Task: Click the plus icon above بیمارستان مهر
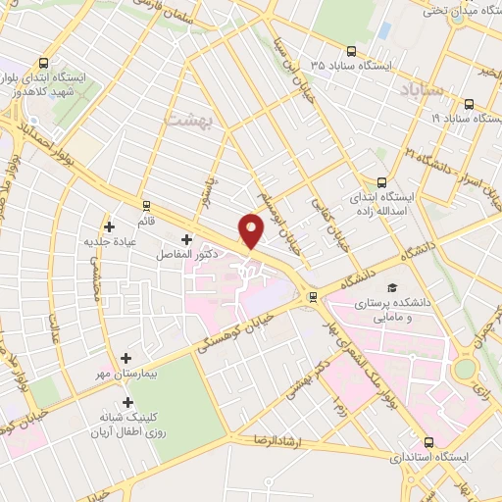click(126, 359)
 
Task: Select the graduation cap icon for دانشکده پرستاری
click(391, 287)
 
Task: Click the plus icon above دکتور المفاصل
click(186, 238)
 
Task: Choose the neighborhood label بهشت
click(194, 119)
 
